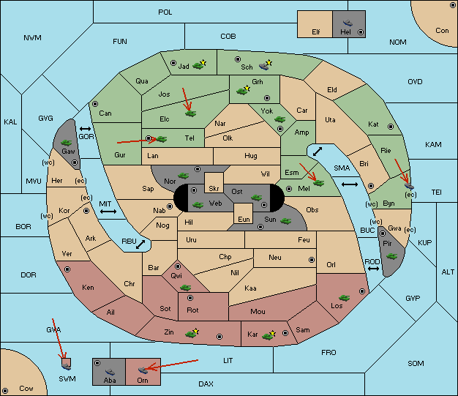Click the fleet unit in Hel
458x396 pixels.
tap(348, 23)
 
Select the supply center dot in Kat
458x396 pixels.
tap(391, 127)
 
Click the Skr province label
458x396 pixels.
tap(214, 189)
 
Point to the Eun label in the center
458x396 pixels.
tap(244, 220)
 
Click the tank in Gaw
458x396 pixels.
tap(67, 143)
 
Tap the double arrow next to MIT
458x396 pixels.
tap(108, 212)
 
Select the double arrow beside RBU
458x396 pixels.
tap(140, 244)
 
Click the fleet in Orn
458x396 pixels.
tap(143, 370)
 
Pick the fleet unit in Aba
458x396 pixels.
tap(110, 371)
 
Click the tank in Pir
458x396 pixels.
tap(391, 256)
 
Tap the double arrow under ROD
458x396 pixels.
tap(373, 269)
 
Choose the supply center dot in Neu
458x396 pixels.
tap(312, 260)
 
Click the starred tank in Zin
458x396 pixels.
tap(192, 333)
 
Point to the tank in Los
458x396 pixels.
tap(344, 298)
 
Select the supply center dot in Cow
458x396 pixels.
tap(5, 391)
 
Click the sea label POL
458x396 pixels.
tap(165, 12)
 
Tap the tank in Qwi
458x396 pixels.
tap(186, 288)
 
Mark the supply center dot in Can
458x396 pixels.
tap(95, 104)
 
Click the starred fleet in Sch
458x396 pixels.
tap(266, 65)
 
